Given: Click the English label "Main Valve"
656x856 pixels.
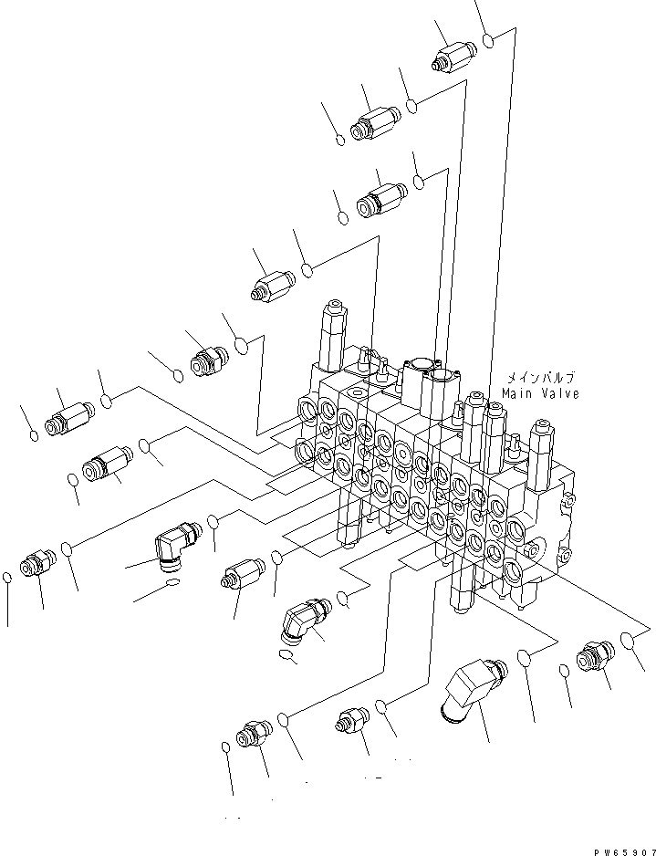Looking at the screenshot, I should click(x=540, y=393).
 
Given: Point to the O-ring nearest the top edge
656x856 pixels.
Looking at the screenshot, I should click(x=490, y=42).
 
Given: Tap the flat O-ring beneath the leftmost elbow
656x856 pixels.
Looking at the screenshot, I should click(x=174, y=581).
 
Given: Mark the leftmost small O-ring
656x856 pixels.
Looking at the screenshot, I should click(x=7, y=577).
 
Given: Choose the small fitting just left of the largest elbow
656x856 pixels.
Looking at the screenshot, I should click(x=354, y=720).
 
